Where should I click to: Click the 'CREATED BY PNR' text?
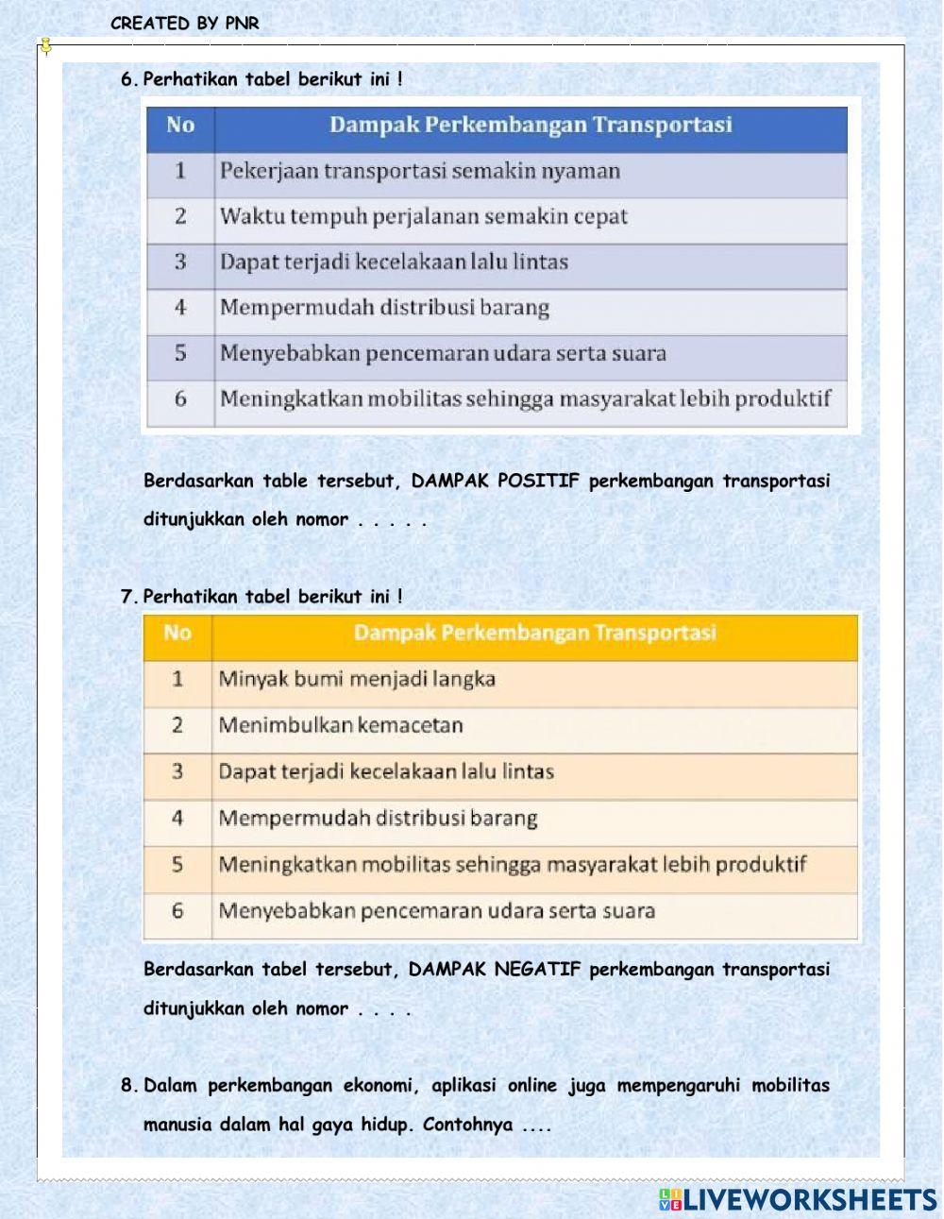[x=184, y=24]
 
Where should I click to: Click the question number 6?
[x=128, y=79]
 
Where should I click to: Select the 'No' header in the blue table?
[x=179, y=126]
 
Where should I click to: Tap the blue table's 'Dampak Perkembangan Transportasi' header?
[x=531, y=126]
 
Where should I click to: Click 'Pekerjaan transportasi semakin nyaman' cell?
[x=420, y=171]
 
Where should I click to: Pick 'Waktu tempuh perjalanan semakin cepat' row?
[x=424, y=216]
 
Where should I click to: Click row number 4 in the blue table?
[x=180, y=308]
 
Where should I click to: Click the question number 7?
[x=128, y=597]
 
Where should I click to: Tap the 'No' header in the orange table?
[x=177, y=633]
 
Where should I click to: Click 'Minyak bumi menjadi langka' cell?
[x=357, y=679]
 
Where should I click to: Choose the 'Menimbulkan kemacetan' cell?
[x=341, y=725]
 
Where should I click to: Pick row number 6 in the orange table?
[x=177, y=911]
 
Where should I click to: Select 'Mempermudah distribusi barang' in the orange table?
[x=378, y=818]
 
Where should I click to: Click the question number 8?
[x=128, y=1086]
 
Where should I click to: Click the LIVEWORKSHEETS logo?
[x=797, y=1199]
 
